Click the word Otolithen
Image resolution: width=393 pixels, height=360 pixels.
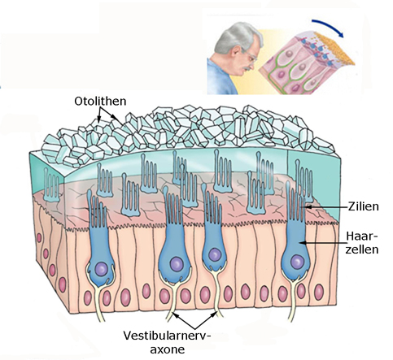coord(100,101)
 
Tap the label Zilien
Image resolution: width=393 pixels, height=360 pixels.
coord(363,206)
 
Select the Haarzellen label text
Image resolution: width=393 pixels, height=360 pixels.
coord(362,243)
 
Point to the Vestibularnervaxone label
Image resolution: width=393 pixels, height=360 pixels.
coord(168,342)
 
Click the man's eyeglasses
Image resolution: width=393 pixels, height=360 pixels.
coord(250,55)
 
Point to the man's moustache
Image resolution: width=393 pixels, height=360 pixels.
coord(247,68)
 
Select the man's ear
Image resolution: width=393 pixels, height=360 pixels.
coord(237,52)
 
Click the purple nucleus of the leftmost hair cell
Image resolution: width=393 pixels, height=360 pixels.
coord(102,269)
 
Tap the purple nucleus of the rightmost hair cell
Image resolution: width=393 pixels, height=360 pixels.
coord(297,262)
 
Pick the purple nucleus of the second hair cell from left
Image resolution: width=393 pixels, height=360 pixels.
coord(177,264)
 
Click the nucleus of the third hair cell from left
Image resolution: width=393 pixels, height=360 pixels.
coord(215,255)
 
